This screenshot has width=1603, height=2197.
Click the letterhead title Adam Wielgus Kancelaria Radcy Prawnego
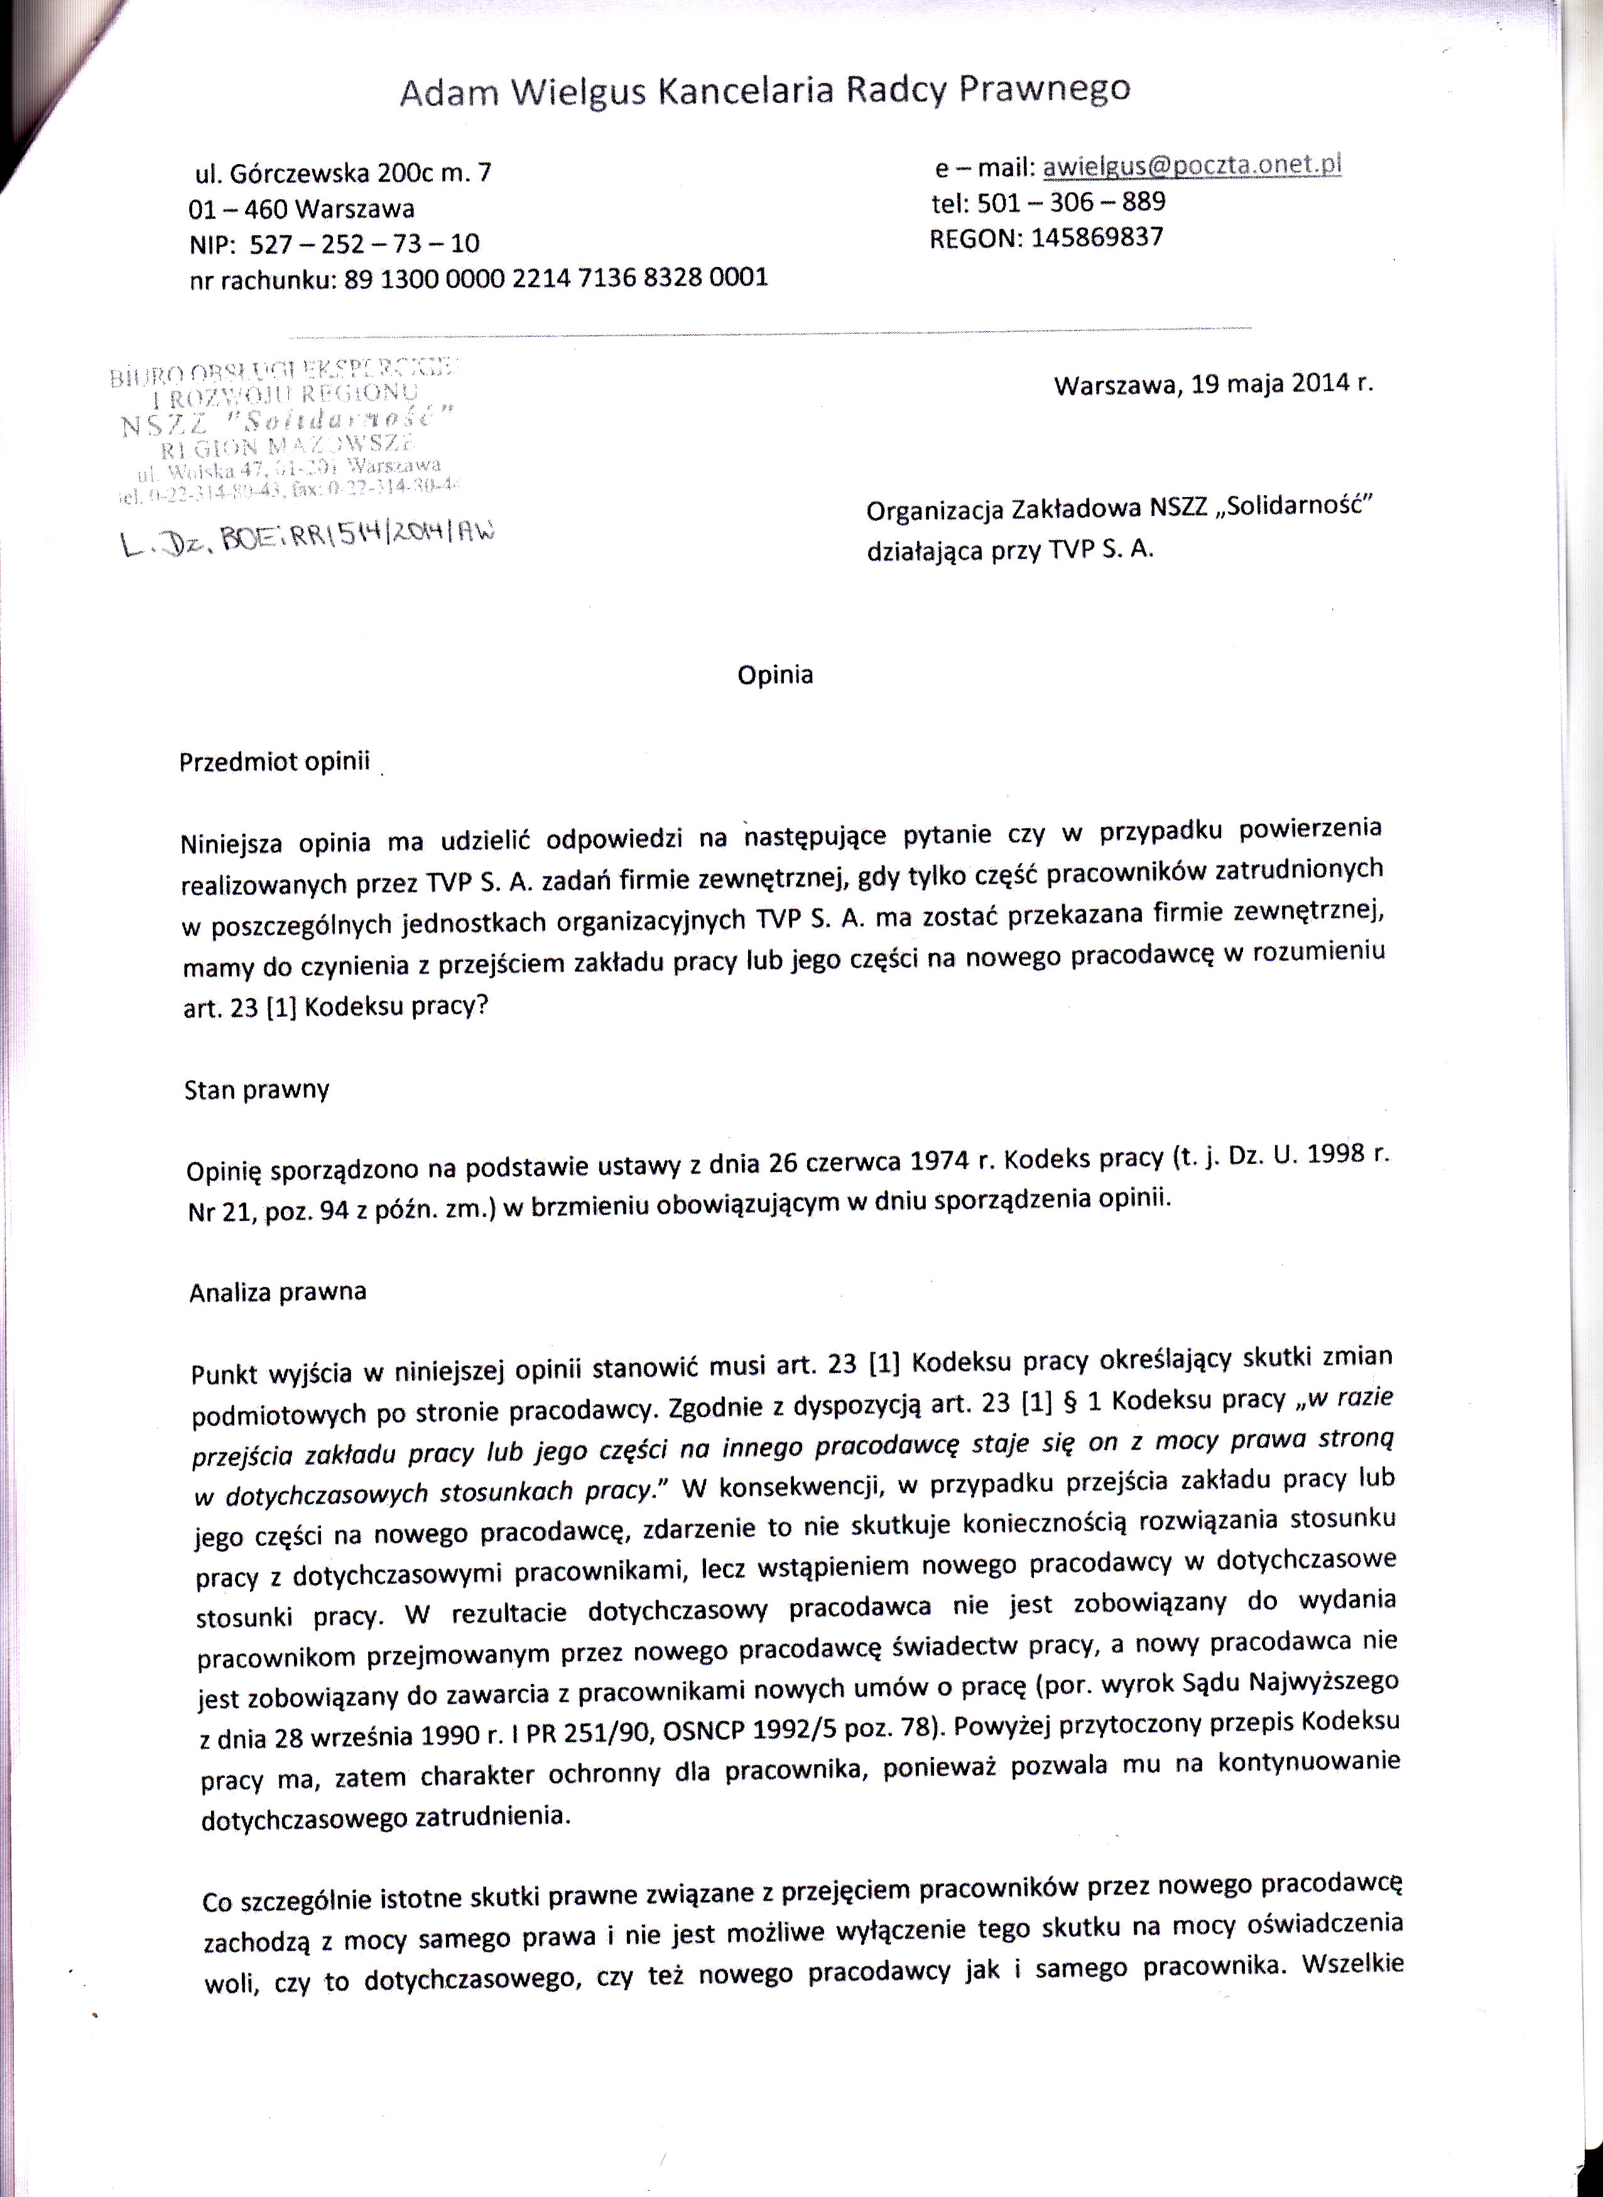point(764,90)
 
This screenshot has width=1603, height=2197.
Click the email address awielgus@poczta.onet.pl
point(1192,166)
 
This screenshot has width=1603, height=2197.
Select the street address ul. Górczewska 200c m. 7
point(344,174)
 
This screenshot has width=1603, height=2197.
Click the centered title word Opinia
point(774,675)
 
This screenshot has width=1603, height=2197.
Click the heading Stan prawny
point(257,1090)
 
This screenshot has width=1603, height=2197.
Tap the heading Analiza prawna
point(278,1292)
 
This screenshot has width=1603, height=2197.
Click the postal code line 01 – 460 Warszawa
point(302,209)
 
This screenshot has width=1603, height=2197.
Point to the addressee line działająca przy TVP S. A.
point(1010,549)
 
